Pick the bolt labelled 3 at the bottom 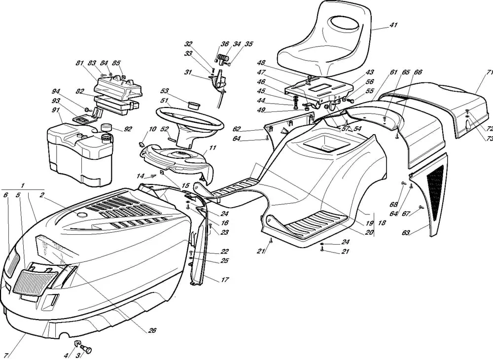tap(87, 350)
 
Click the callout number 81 tap(79, 63)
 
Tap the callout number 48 tap(261, 63)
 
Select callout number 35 tap(249, 44)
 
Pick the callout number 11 tap(212, 148)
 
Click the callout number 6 tap(5, 195)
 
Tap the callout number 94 tap(56, 92)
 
